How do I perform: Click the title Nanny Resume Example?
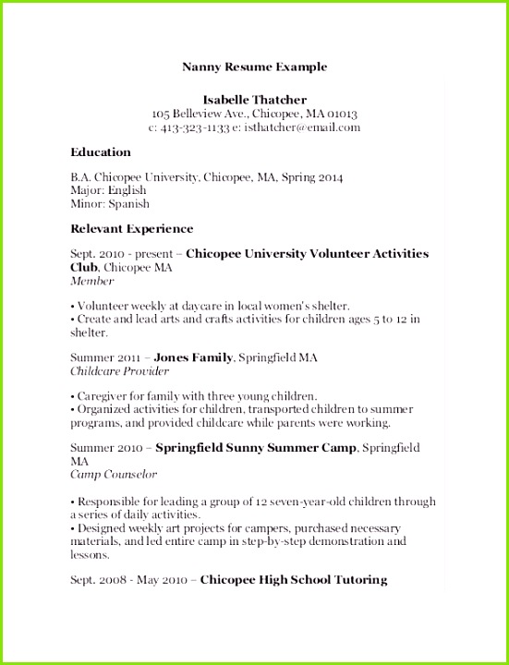click(x=254, y=67)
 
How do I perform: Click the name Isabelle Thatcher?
click(x=254, y=99)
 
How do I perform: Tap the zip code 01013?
click(x=337, y=114)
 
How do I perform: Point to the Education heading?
click(x=101, y=152)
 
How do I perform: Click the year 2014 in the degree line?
click(x=328, y=175)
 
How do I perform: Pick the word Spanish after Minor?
click(x=128, y=203)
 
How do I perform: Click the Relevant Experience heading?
click(x=132, y=228)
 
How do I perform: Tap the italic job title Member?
click(x=92, y=281)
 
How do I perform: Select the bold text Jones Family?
click(x=194, y=356)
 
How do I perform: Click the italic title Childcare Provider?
click(x=120, y=371)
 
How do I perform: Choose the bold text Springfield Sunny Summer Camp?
click(x=255, y=447)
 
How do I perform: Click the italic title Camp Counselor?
click(x=114, y=475)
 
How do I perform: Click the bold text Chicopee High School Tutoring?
click(x=293, y=580)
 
